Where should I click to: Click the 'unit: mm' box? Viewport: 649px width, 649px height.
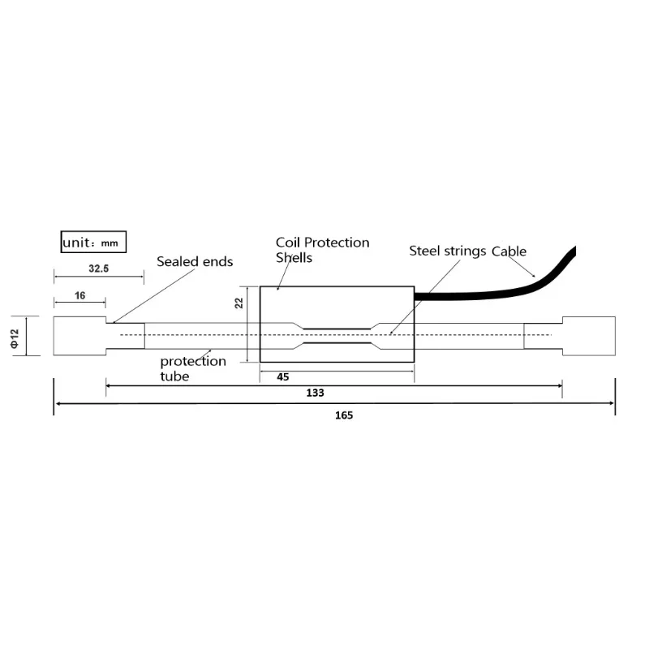click(x=94, y=242)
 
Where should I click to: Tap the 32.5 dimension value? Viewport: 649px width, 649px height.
click(x=97, y=267)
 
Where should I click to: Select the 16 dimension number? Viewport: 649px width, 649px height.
click(x=80, y=295)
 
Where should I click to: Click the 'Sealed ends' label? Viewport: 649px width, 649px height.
click(x=195, y=261)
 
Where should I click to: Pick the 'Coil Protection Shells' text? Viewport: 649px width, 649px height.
click(x=322, y=250)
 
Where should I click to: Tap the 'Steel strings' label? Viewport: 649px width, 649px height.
click(x=447, y=251)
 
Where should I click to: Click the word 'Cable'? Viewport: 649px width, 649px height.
click(x=509, y=251)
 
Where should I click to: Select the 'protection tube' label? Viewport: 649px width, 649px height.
click(x=192, y=368)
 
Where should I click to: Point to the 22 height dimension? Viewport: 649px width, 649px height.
click(x=239, y=303)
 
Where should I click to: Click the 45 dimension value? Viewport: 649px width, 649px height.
click(x=283, y=376)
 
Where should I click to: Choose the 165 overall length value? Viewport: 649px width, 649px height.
click(x=333, y=415)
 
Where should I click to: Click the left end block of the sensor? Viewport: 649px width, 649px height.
click(x=79, y=336)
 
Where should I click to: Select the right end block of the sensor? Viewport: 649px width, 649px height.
click(x=589, y=336)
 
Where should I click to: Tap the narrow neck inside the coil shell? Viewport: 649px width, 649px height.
click(x=336, y=336)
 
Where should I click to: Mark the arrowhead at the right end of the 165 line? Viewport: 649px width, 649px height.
click(x=611, y=402)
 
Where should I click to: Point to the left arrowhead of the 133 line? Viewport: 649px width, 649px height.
click(x=110, y=385)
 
